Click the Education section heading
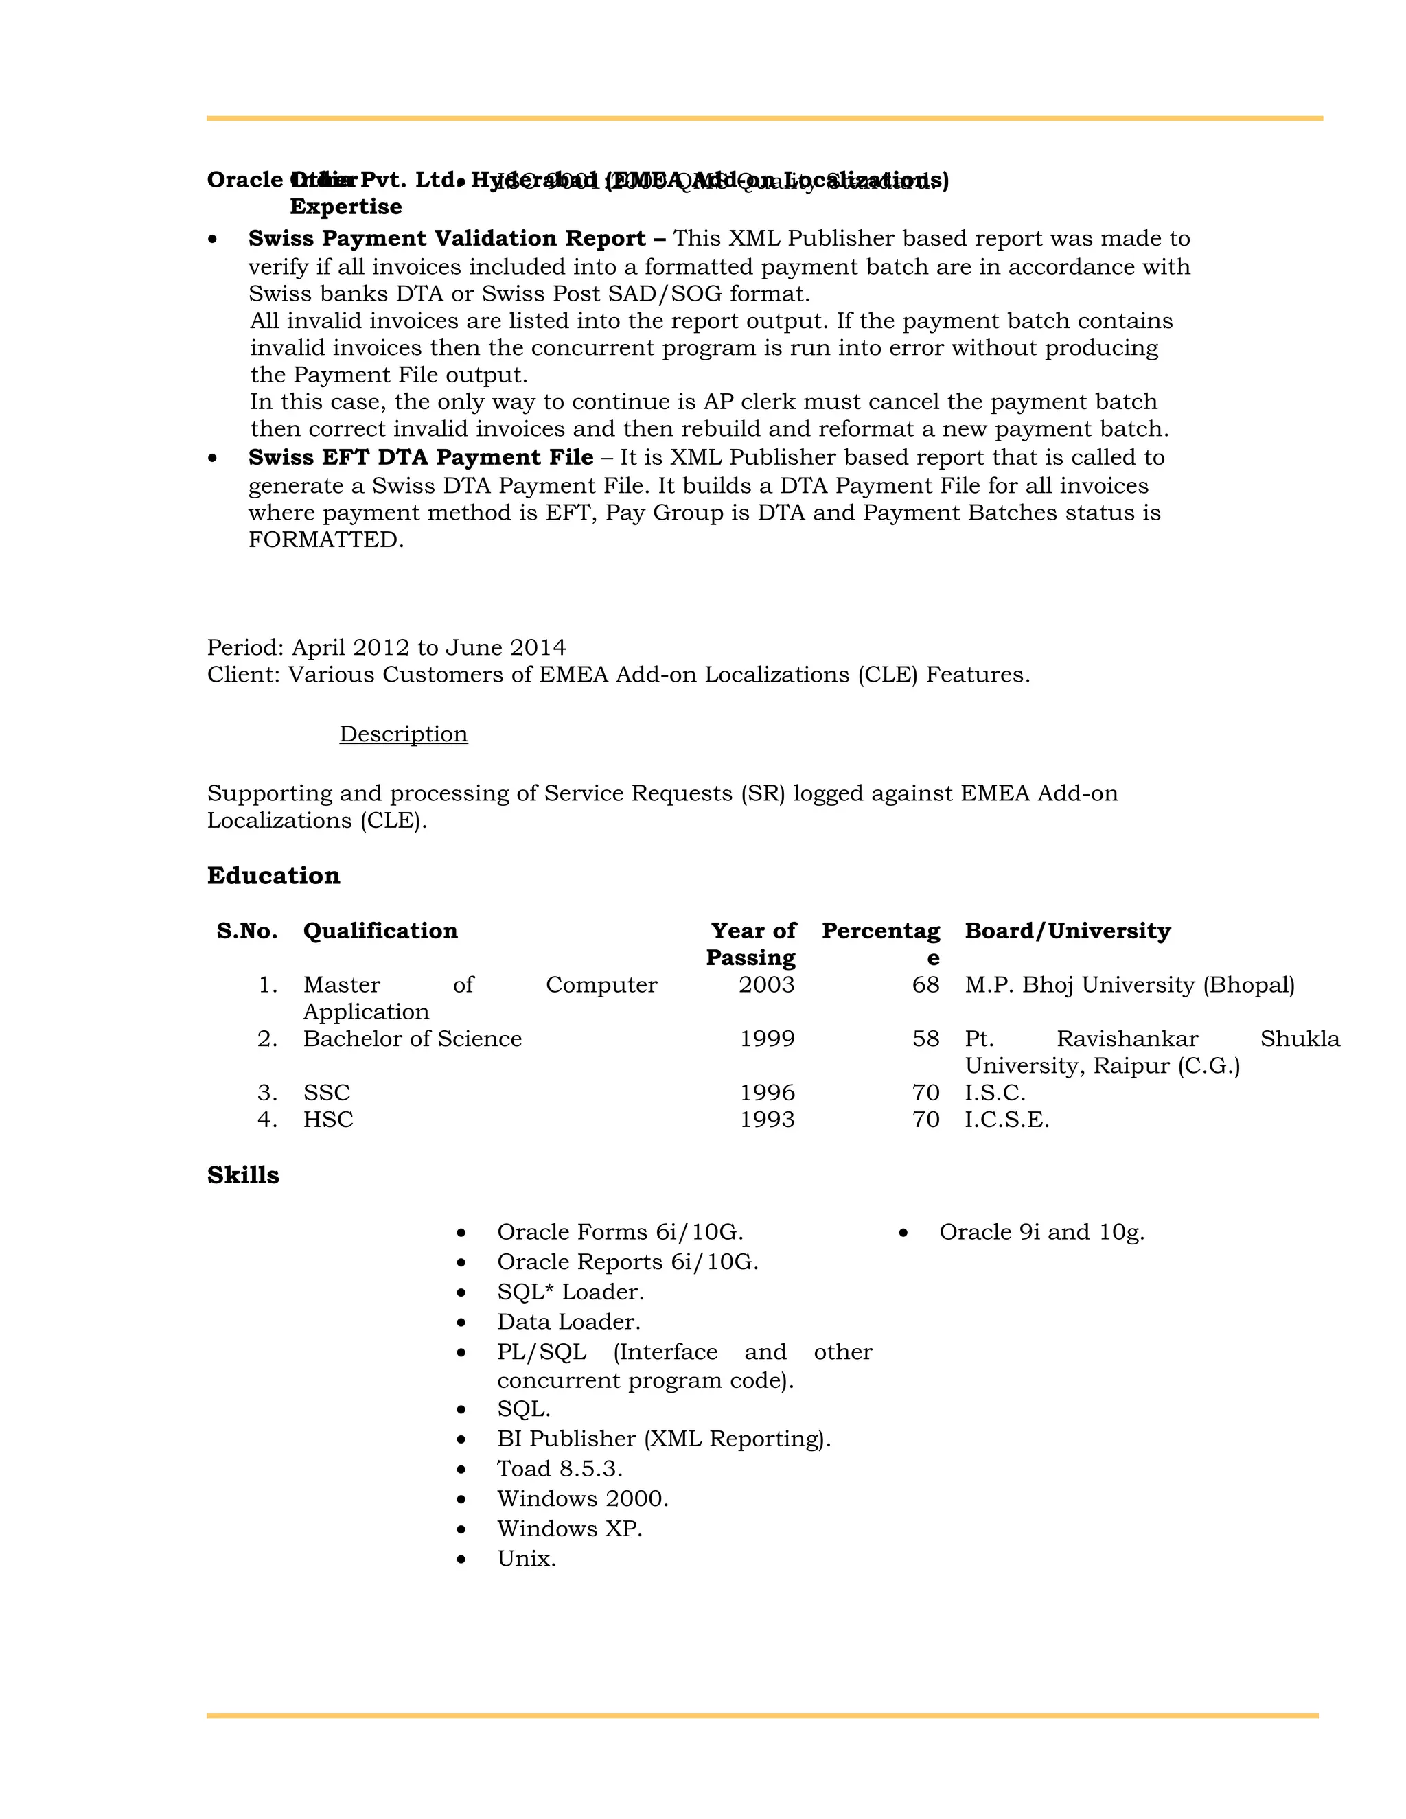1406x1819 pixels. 273,875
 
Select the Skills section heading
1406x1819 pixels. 242,1175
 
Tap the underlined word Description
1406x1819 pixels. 403,734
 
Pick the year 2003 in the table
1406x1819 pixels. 766,984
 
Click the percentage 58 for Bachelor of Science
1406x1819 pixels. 925,1039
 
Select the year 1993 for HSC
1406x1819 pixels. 767,1120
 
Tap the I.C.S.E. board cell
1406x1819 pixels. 1006,1120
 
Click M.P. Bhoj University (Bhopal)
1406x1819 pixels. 1129,984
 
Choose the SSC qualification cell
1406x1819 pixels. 327,1092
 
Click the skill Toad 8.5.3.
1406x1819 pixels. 560,1468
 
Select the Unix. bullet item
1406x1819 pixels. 527,1558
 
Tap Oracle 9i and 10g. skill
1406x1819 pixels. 1041,1232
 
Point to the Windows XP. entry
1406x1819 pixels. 570,1529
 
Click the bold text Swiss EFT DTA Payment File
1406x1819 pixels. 421,457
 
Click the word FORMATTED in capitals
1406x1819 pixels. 325,540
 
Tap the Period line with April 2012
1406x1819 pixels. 387,647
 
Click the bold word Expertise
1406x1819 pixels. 346,207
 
